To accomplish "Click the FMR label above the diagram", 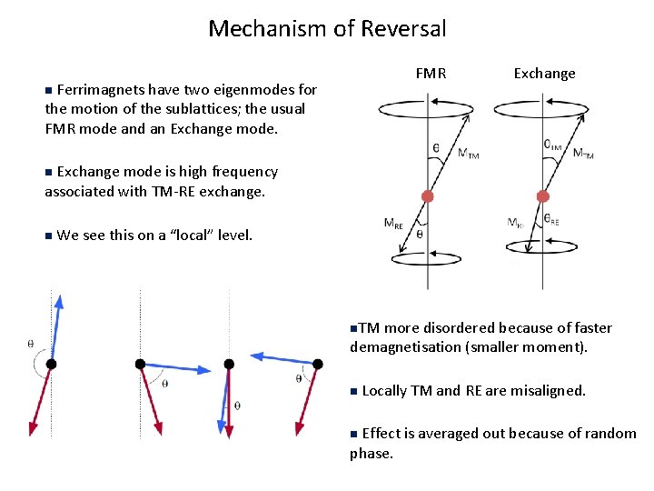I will (431, 73).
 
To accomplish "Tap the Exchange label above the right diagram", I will (544, 73).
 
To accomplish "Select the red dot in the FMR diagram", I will (427, 196).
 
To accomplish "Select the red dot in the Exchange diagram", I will (543, 196).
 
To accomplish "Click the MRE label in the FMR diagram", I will (394, 223).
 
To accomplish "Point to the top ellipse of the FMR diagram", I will (428, 107).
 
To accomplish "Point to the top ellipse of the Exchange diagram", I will (543, 107).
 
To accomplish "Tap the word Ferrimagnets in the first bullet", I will (95, 89).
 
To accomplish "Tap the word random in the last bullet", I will (609, 433).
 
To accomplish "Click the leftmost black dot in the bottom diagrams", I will (52, 364).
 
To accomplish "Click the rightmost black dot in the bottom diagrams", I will (317, 364).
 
